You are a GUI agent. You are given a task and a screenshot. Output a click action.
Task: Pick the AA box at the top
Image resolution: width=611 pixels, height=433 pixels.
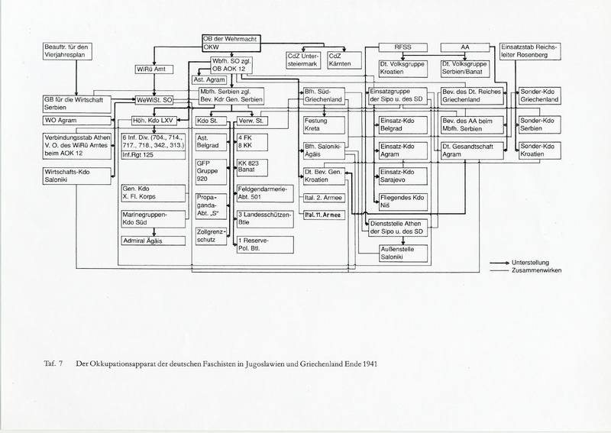(x=465, y=47)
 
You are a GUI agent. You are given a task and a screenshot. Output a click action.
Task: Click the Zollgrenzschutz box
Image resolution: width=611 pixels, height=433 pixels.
(x=212, y=234)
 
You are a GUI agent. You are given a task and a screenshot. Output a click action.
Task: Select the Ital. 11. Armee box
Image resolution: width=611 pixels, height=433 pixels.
(x=325, y=216)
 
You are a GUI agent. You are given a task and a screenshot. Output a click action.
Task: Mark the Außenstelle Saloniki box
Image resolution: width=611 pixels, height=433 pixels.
(x=402, y=254)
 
